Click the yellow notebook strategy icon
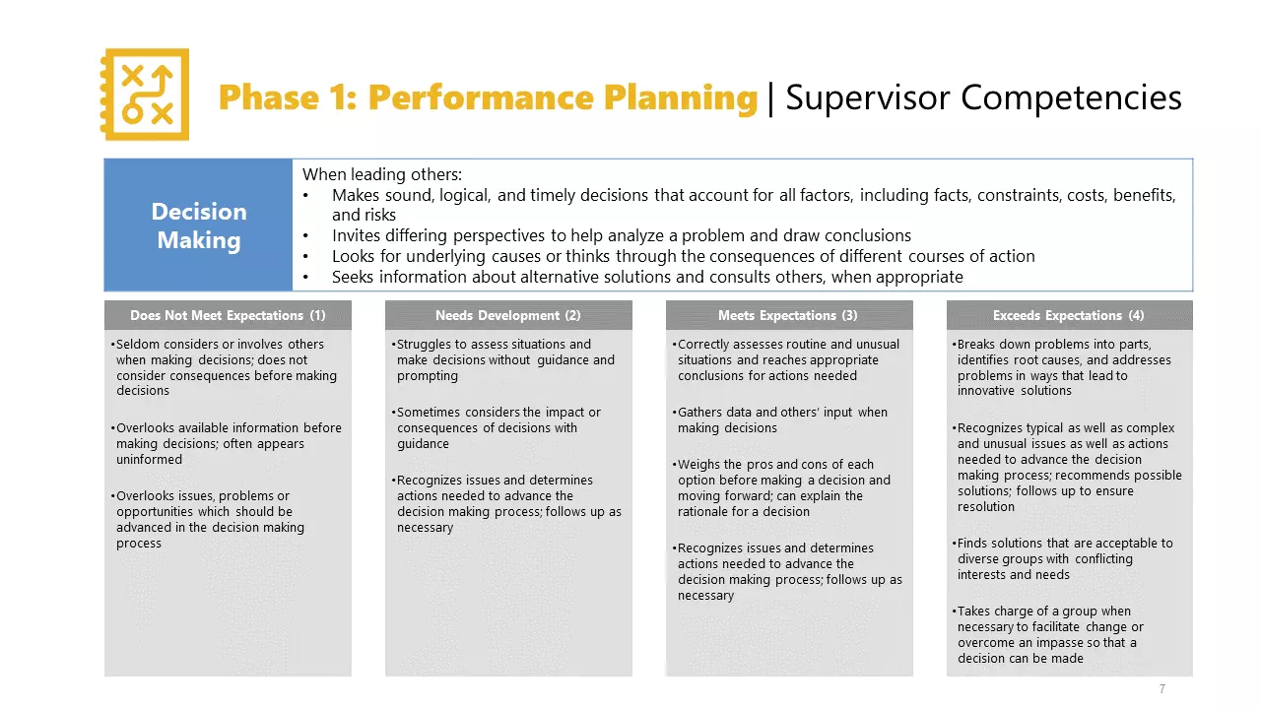point(146,95)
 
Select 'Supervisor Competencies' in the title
point(983,97)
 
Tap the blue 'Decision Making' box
point(198,226)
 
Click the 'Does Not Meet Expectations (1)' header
point(228,315)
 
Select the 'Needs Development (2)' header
point(508,315)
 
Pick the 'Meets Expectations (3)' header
point(788,315)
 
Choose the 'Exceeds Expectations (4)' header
point(1069,315)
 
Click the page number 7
point(1162,688)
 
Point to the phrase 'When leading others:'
point(382,174)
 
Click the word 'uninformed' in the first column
point(149,460)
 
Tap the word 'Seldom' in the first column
point(137,345)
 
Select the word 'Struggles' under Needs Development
point(426,345)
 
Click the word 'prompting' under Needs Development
point(428,376)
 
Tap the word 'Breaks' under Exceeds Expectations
point(977,345)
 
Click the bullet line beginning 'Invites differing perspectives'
point(621,235)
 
